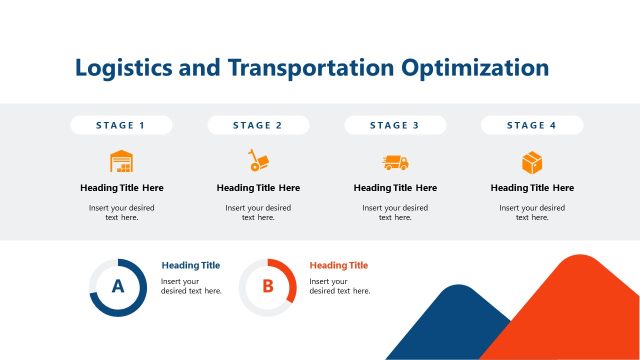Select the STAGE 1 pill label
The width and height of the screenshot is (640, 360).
pyautogui.click(x=121, y=125)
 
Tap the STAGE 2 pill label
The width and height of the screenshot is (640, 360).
pyautogui.click(x=258, y=125)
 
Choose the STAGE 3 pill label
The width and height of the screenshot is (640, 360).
pyautogui.click(x=395, y=125)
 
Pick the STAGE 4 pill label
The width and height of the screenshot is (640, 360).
pyautogui.click(x=532, y=125)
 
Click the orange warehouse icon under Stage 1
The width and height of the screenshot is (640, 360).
pyautogui.click(x=121, y=161)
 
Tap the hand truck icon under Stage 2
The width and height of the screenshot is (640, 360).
pyautogui.click(x=258, y=161)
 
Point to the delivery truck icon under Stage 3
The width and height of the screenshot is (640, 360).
pyautogui.click(x=395, y=162)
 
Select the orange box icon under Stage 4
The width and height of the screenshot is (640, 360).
pyautogui.click(x=532, y=162)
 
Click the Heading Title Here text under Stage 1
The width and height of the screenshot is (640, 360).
pyautogui.click(x=121, y=188)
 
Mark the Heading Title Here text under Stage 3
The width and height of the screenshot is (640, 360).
pyautogui.click(x=395, y=188)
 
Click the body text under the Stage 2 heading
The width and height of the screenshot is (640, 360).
pyautogui.click(x=258, y=212)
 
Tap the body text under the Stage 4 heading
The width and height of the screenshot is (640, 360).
pyautogui.click(x=532, y=212)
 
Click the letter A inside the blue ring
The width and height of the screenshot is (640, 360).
pyautogui.click(x=118, y=287)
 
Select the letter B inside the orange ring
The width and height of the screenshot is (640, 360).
pyautogui.click(x=267, y=287)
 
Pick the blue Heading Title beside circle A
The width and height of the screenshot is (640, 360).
pyautogui.click(x=190, y=265)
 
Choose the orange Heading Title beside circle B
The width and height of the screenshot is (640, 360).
pyautogui.click(x=339, y=265)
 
